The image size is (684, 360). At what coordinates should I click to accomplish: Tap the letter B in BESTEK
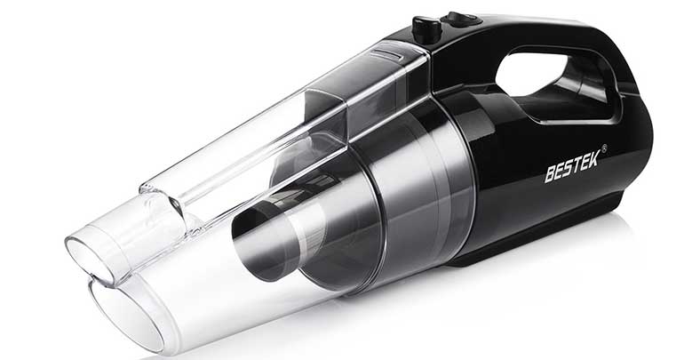tap(551, 174)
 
